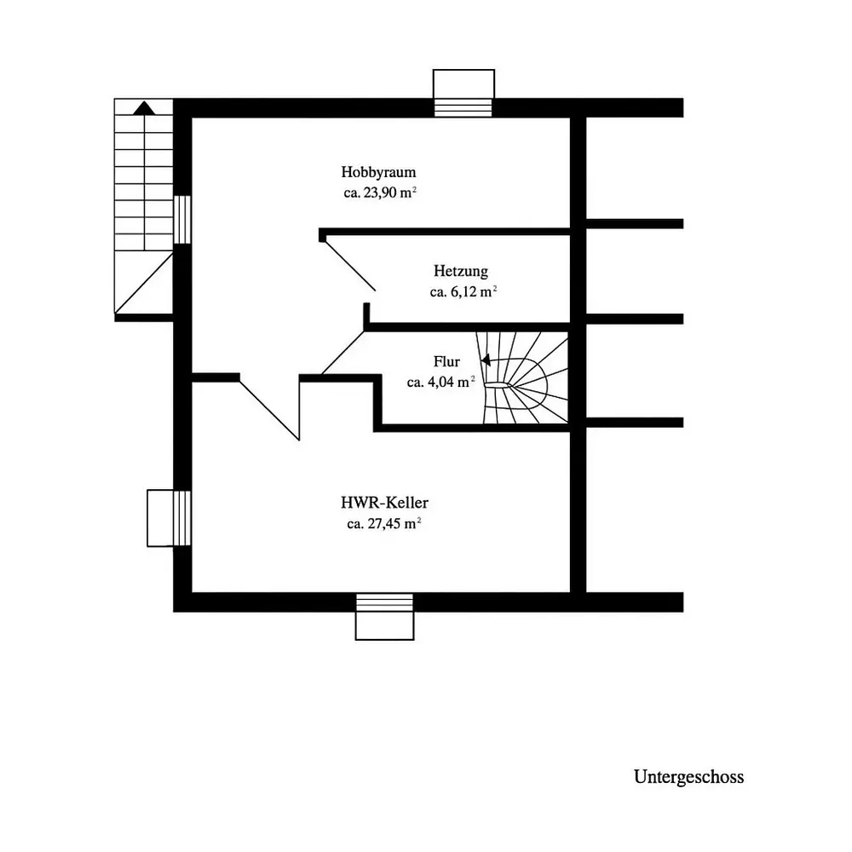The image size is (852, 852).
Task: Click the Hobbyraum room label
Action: (378, 173)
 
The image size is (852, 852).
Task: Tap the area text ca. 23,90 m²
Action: (380, 193)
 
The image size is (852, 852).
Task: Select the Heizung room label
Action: (461, 271)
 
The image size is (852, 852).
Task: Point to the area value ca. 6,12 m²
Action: (463, 291)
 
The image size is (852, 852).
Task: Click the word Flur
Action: (446, 361)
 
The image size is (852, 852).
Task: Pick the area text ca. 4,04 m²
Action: (440, 382)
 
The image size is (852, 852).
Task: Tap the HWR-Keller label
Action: (384, 503)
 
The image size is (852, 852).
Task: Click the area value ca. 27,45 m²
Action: (384, 524)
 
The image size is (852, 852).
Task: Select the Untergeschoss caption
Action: (688, 777)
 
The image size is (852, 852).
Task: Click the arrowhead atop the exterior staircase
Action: (144, 107)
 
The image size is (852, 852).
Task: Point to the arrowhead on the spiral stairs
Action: (486, 360)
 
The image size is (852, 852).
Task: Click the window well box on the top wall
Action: (463, 83)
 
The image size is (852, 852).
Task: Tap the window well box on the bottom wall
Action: (385, 625)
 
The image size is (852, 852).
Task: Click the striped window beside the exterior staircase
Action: (182, 220)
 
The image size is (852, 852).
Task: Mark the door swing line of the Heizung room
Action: (350, 266)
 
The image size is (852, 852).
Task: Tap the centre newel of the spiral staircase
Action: (498, 385)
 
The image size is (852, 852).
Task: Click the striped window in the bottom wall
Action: (385, 602)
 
